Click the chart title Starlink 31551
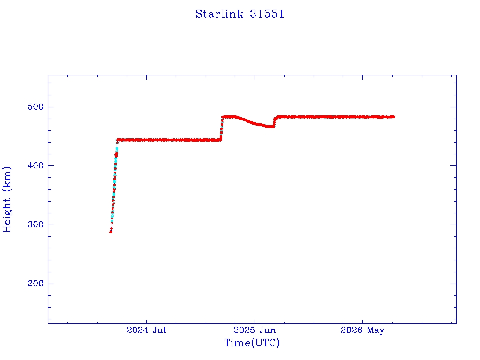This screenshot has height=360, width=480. click(240, 14)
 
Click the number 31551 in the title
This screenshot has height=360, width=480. click(267, 14)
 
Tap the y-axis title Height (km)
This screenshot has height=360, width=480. click(7, 199)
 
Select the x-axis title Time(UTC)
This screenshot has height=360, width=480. click(252, 343)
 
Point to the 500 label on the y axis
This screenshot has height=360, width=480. click(36, 107)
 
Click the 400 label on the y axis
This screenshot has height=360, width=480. click(36, 165)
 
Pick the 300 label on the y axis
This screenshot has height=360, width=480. click(36, 225)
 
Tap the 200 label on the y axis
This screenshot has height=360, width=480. click(36, 284)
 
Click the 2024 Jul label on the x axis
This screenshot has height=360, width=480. click(146, 330)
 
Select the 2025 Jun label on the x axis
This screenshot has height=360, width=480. click(255, 330)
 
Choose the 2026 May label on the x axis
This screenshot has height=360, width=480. click(362, 330)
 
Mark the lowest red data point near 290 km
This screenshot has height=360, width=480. click(111, 232)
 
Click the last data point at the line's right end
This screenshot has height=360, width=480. click(393, 117)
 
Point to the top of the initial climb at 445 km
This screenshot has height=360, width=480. click(117, 140)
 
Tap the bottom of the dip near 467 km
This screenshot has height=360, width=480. click(270, 127)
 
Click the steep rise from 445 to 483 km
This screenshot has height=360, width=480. click(222, 128)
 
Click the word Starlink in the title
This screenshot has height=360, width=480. click(219, 14)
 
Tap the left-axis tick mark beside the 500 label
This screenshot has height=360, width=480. click(51, 107)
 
